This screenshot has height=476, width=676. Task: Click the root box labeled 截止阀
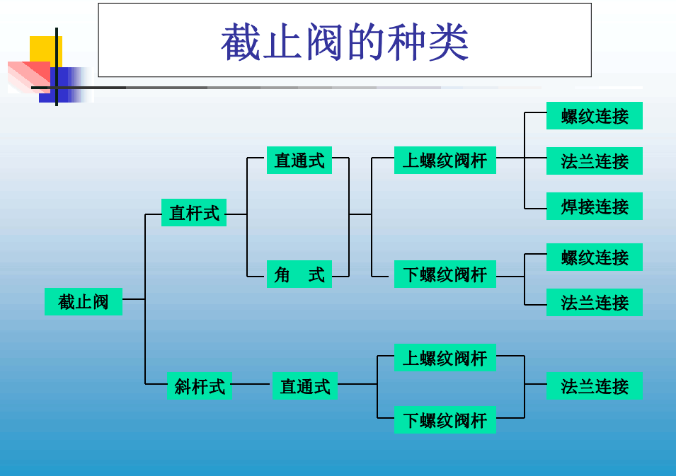pos(84,301)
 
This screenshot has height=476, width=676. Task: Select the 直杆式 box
pos(194,212)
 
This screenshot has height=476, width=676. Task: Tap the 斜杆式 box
pos(199,386)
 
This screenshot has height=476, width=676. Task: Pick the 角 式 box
pos(299,274)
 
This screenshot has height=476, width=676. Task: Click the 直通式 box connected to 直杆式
pos(299,161)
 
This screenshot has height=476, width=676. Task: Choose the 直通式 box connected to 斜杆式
pos(304,386)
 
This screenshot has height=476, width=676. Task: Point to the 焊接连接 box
pos(594,207)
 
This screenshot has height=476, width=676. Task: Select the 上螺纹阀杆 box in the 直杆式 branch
pos(445,161)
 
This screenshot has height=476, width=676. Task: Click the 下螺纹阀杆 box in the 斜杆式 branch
pos(445,420)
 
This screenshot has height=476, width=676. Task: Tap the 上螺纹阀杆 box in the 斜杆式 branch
pos(445,358)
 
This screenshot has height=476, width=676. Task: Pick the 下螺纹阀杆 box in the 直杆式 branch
pos(445,274)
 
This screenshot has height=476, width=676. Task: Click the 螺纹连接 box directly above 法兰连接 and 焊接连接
pos(594,116)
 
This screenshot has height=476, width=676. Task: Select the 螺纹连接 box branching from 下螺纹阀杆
pos(594,257)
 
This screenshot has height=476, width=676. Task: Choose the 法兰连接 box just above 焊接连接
pos(594,161)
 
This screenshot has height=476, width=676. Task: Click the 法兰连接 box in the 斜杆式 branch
pos(594,386)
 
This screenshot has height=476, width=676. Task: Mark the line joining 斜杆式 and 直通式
pos(251,384)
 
